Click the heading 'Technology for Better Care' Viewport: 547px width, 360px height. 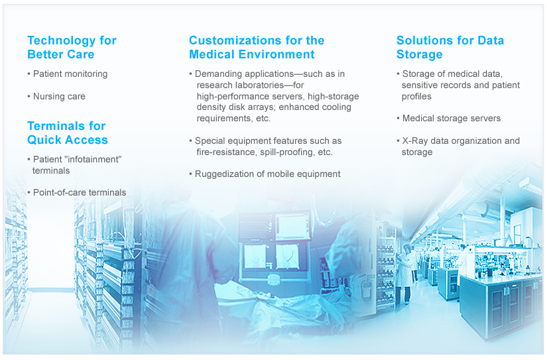click(x=72, y=48)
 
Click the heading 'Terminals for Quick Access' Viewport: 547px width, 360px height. click(x=68, y=133)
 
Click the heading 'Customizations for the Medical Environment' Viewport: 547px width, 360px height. click(x=257, y=48)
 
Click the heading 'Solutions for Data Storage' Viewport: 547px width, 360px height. click(x=450, y=48)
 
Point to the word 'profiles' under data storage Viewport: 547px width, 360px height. click(x=416, y=97)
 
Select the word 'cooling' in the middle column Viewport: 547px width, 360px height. click(x=335, y=107)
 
